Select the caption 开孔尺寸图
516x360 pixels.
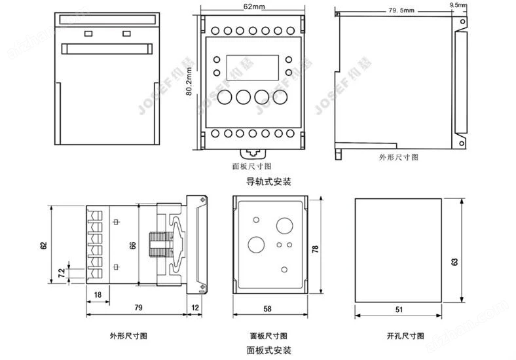click(399, 336)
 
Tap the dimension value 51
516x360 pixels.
click(399, 308)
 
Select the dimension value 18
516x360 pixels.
click(98, 295)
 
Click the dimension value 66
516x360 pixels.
click(133, 245)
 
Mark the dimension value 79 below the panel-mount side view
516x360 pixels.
click(139, 308)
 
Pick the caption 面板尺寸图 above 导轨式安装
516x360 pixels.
click(252, 168)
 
